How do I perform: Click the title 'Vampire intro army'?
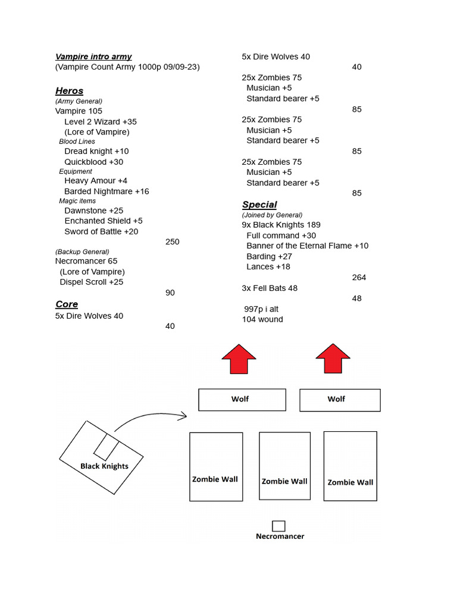[93, 56]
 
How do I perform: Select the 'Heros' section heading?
[69, 90]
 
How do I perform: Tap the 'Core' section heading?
[67, 304]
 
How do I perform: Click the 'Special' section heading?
[259, 204]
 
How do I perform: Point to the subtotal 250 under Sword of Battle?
[172, 241]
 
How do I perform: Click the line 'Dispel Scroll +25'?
[92, 282]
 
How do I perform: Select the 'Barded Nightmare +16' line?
[107, 192]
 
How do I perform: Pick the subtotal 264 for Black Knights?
[359, 277]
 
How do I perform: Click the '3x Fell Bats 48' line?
[270, 288]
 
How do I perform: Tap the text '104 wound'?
[262, 319]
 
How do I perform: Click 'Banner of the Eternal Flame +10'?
[307, 246]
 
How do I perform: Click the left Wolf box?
[242, 399]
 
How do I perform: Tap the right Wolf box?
[340, 400]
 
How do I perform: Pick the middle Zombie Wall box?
[284, 466]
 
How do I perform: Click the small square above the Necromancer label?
[278, 526]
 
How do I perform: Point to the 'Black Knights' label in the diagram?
[104, 466]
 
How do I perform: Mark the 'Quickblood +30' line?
[93, 162]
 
